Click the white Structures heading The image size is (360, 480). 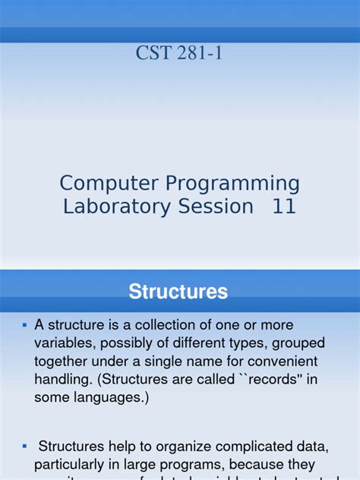coord(178,292)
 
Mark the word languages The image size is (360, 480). coord(114,399)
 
